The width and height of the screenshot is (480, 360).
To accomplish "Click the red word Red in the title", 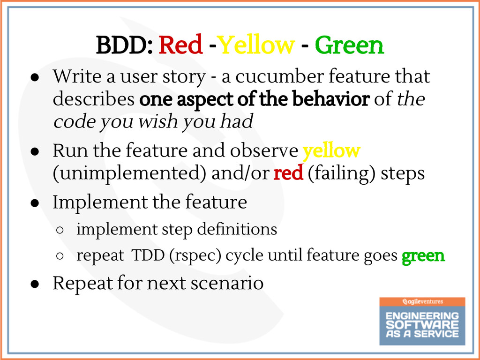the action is tap(180, 45).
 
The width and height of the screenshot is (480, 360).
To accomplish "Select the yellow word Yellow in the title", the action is tap(256, 45).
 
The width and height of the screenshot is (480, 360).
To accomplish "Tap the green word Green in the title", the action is tap(349, 45).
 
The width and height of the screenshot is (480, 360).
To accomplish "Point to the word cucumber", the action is tap(279, 76).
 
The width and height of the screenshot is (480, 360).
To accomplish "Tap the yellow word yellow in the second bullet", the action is tap(331, 151).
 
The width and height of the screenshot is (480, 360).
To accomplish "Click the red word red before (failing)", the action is tap(288, 173).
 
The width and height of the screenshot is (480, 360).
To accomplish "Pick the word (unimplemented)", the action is tap(129, 174).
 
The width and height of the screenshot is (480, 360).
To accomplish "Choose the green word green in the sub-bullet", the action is tap(423, 255).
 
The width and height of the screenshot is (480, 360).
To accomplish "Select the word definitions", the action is tap(237, 229).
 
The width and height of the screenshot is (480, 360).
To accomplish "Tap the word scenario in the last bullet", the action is tap(227, 283).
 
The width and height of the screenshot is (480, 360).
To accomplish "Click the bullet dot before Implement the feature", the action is tap(35, 203).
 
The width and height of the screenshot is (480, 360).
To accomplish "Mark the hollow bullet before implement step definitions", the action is tap(60, 230).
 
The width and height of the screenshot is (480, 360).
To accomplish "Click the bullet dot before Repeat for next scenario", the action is tap(35, 284).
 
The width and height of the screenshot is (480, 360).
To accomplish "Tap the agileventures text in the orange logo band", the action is tap(422, 301).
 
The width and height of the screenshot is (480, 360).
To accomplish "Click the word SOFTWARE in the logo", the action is tap(422, 324).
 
